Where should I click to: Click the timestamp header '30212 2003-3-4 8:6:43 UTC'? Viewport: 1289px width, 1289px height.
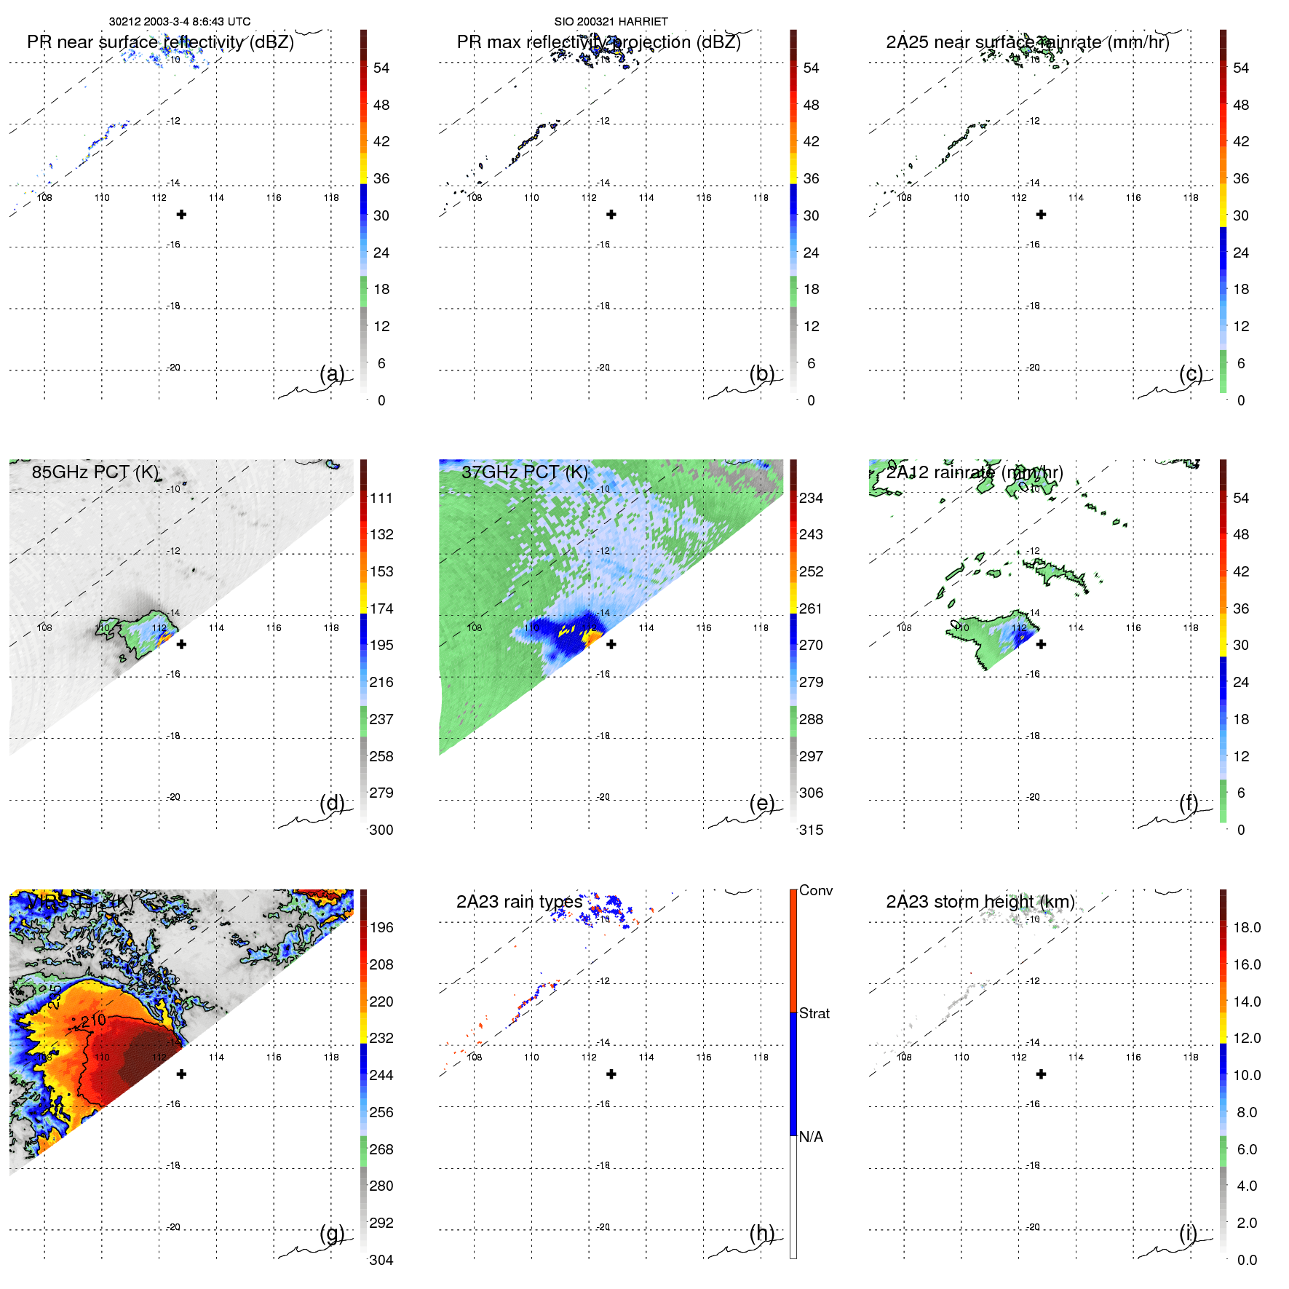click(x=180, y=22)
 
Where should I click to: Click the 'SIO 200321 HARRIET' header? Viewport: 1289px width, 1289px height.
click(x=611, y=22)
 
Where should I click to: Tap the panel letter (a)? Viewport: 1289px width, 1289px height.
click(x=332, y=373)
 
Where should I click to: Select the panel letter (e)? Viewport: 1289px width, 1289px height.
click(x=762, y=803)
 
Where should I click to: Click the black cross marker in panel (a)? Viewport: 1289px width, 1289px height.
click(x=182, y=214)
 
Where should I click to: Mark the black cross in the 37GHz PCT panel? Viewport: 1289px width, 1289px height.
click(x=611, y=644)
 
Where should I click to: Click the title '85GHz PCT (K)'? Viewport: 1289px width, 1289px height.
click(x=95, y=472)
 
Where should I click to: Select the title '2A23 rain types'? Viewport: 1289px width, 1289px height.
click(x=519, y=902)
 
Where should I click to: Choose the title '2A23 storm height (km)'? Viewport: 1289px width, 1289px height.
click(x=980, y=902)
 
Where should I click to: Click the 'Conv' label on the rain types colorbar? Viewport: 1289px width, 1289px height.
click(x=816, y=890)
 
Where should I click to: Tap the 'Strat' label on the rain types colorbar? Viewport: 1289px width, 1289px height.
click(x=814, y=1013)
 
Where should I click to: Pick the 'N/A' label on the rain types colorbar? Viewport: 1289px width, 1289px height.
click(x=811, y=1137)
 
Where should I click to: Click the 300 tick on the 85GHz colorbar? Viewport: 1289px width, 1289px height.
click(x=381, y=830)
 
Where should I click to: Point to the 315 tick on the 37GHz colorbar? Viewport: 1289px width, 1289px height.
click(x=811, y=830)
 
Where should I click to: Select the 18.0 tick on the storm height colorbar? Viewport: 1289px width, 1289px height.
click(x=1247, y=927)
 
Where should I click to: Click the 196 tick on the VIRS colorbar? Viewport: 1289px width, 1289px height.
click(x=381, y=927)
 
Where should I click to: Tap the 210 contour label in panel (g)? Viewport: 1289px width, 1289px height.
click(x=93, y=1020)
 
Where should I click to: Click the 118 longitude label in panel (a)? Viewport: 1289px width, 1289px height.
click(x=331, y=197)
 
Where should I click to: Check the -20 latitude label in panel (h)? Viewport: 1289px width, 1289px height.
click(x=603, y=1227)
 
